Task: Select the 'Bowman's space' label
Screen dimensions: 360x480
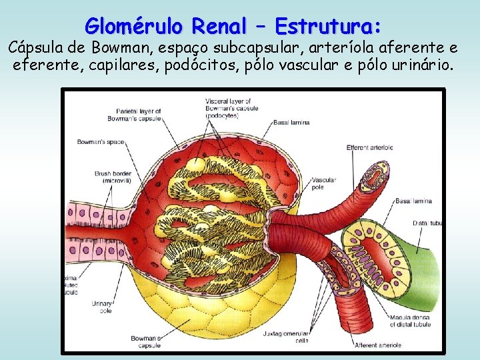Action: pos(100,142)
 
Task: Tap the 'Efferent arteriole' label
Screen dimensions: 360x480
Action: pos(369,147)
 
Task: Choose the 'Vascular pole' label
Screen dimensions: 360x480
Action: pos(324,183)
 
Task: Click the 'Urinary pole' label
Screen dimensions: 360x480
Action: pos(102,306)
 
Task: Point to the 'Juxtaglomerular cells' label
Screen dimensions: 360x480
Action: pos(303,335)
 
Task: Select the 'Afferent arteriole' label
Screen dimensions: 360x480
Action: pos(378,345)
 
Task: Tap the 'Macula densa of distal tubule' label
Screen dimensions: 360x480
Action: pos(408,321)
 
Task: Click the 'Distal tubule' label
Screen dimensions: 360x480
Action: pos(427,223)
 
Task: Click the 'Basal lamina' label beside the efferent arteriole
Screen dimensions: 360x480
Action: pos(414,201)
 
